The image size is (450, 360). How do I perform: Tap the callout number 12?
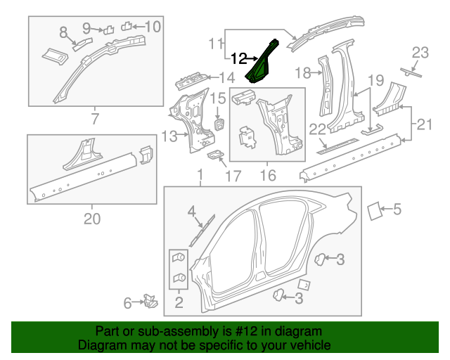(240, 58)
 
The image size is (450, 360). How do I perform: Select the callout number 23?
(420, 52)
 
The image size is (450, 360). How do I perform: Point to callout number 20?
(92, 219)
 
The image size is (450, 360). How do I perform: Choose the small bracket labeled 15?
(219, 124)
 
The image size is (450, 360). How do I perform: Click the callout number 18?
(302, 72)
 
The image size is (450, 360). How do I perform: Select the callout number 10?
(153, 27)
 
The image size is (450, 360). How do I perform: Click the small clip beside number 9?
(108, 30)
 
